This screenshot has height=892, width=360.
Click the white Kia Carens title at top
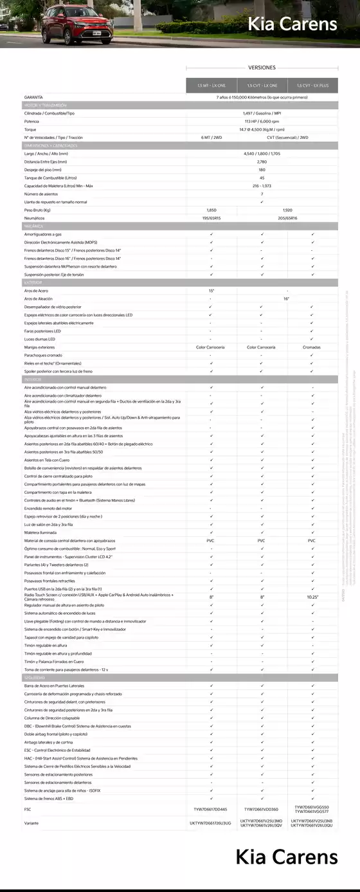tap(292, 24)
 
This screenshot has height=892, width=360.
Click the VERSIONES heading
tap(262, 67)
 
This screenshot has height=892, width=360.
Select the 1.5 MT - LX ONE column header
tap(211, 86)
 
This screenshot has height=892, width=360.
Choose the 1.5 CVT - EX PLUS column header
tap(312, 86)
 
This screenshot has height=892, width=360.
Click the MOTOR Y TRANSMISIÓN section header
tap(45, 105)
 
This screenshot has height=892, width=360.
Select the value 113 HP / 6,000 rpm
tap(262, 121)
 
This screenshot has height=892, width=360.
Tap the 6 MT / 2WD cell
tap(211, 137)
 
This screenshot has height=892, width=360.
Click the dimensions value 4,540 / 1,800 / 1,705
tap(262, 154)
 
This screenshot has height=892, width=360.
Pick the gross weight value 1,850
tap(211, 210)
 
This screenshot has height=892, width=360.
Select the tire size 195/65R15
tap(211, 218)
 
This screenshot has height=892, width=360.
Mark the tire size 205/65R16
tap(287, 218)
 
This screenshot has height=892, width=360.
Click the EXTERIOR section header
tap(33, 282)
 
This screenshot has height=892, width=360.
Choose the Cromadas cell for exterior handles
tap(312, 347)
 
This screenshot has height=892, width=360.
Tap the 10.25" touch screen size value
tap(312, 597)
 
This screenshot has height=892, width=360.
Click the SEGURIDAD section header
tap(35, 678)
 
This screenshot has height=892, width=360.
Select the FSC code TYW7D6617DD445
tap(211, 809)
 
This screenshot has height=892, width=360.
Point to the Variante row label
tap(32, 823)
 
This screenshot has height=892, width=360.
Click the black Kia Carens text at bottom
tap(286, 857)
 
